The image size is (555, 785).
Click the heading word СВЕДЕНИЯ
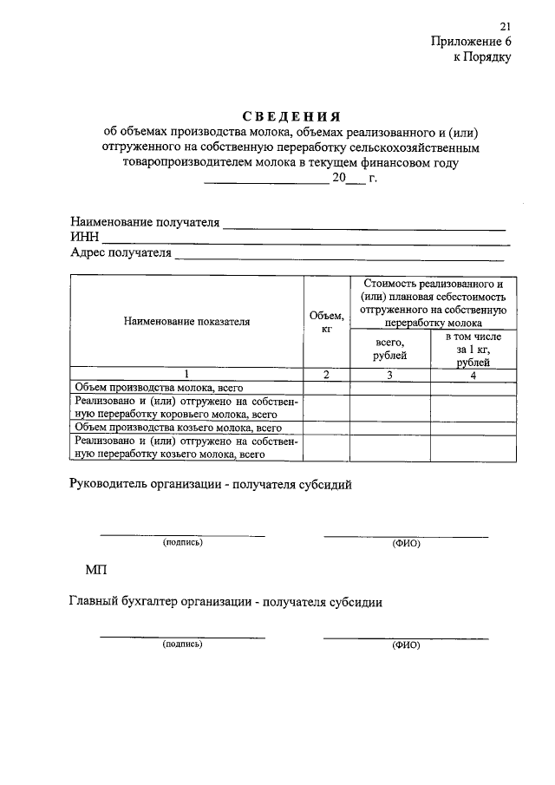(x=290, y=116)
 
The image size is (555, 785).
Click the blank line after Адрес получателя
(x=339, y=255)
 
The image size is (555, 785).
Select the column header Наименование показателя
(x=186, y=321)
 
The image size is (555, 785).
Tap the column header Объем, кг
(x=327, y=324)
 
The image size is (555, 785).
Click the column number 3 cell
(x=390, y=375)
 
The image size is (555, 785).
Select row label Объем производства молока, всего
(x=158, y=388)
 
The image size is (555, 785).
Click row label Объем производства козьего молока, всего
(x=179, y=428)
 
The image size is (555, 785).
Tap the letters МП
(x=95, y=569)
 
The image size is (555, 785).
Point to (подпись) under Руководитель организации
(x=182, y=542)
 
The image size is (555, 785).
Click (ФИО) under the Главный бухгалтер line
(x=405, y=644)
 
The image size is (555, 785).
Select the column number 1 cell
(x=186, y=375)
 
